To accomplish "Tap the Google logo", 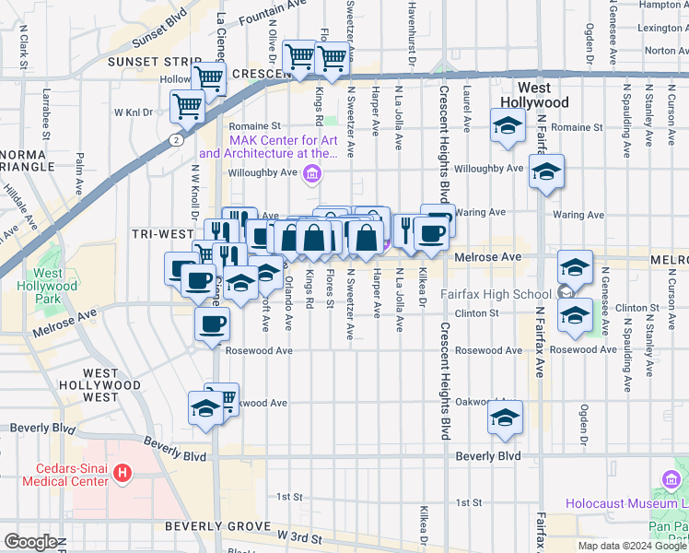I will (30, 543).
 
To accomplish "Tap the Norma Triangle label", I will (30, 160).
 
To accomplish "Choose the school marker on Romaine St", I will (507, 125).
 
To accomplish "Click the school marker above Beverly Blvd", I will (505, 417).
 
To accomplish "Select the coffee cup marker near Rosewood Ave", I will (212, 324).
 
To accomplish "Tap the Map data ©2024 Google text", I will (632, 546).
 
